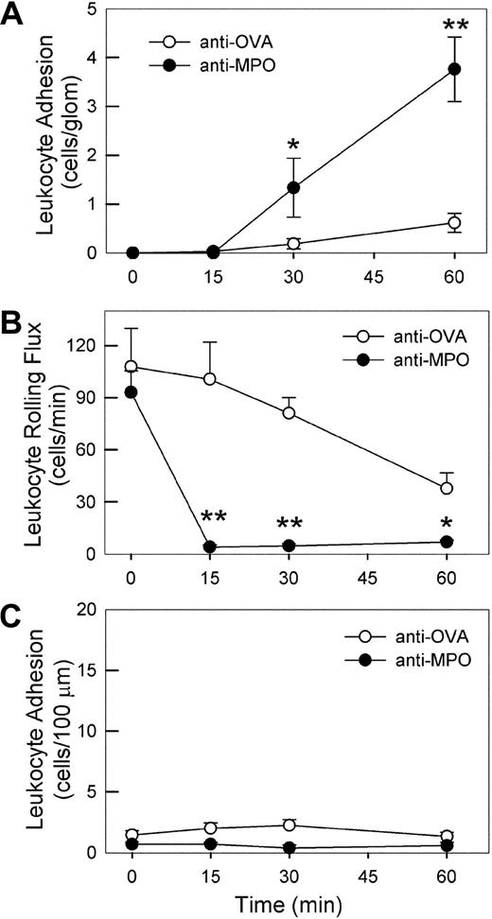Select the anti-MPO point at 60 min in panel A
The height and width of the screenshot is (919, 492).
point(454,69)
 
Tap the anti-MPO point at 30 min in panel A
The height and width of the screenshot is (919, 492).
point(293,187)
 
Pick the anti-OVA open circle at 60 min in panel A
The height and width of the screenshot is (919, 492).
point(454,223)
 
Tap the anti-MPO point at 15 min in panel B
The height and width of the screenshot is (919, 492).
point(213,546)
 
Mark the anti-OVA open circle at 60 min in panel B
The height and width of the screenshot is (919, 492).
point(454,488)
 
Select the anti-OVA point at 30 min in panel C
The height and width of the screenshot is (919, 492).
point(293,824)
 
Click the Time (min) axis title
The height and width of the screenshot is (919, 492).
point(293,904)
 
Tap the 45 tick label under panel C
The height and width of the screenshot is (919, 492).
point(374,873)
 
